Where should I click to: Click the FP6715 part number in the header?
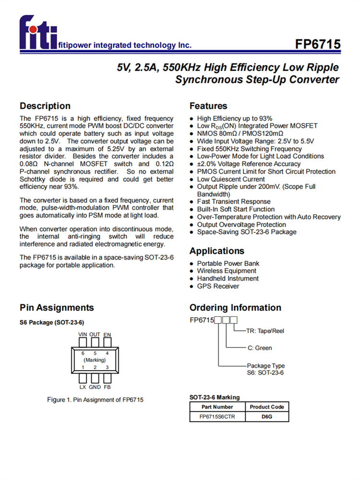click(x=318, y=44)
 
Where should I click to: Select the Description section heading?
click(x=45, y=106)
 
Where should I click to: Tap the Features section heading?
click(x=208, y=106)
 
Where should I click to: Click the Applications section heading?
click(x=216, y=251)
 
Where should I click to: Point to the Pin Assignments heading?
click(x=57, y=308)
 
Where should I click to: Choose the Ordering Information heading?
click(x=235, y=308)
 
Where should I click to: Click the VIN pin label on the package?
click(x=83, y=334)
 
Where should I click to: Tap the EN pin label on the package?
click(x=107, y=334)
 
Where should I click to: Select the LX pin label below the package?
click(x=83, y=386)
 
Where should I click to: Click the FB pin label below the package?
click(x=107, y=386)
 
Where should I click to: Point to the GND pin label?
click(x=95, y=386)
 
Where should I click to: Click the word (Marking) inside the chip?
click(x=95, y=360)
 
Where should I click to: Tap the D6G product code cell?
click(x=267, y=417)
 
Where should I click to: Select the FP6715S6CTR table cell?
click(x=217, y=417)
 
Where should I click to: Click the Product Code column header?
click(x=267, y=407)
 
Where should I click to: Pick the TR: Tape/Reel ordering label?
click(x=265, y=331)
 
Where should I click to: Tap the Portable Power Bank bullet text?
click(x=228, y=264)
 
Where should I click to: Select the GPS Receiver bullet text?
click(x=218, y=287)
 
